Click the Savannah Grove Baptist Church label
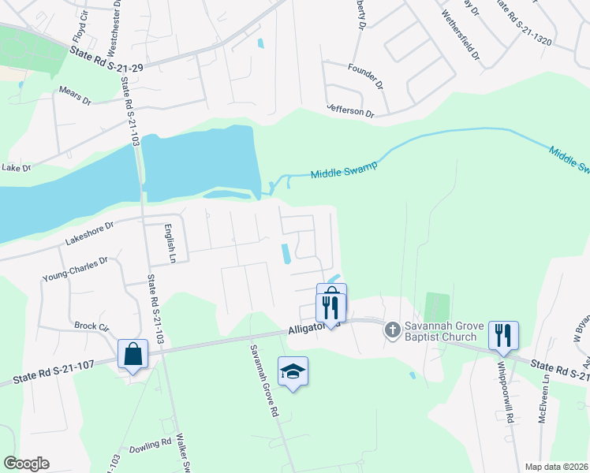441,331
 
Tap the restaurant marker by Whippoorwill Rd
502,335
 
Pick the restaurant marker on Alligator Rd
330,307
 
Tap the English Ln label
169,244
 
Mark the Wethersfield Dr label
461,35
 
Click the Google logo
27,463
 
